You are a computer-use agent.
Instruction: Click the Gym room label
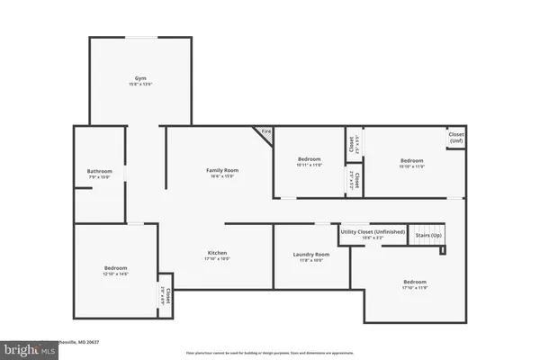139,79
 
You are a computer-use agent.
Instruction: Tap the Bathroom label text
99,171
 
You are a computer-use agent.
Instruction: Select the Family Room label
221,170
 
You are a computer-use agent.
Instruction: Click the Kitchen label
216,253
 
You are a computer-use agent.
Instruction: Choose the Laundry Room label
311,255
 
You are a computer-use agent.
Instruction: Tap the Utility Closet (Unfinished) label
372,232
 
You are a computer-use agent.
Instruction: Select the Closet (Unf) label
456,139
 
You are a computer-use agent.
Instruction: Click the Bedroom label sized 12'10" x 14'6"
115,267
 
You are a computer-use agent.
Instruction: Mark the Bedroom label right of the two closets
411,161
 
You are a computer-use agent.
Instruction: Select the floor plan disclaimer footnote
270,353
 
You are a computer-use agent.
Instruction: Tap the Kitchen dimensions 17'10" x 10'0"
216,259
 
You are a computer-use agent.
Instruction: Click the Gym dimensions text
139,85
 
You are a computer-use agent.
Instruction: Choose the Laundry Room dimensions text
311,261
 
